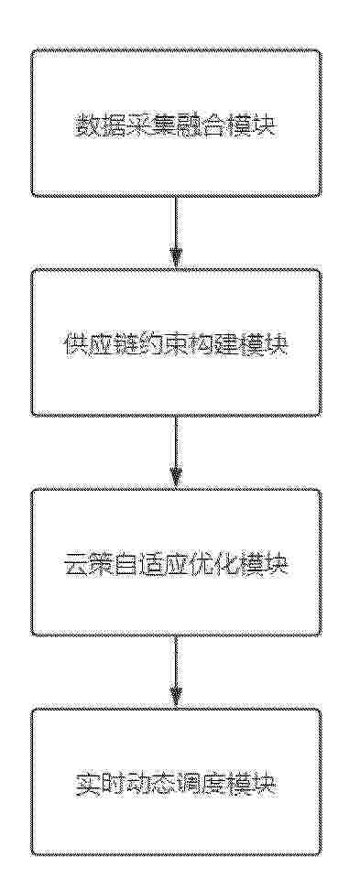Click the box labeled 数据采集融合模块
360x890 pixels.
(x=176, y=124)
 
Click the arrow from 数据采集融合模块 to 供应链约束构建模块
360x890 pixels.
(x=177, y=233)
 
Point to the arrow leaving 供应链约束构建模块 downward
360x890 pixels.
(x=177, y=451)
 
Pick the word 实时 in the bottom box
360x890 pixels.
(x=97, y=782)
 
